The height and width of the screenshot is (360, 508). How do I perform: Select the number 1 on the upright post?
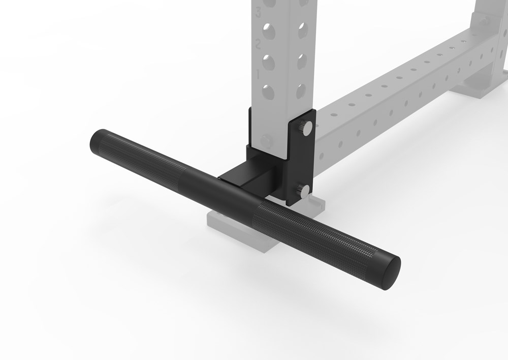pyautogui.click(x=258, y=74)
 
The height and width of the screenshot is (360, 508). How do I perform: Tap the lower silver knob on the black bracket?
pyautogui.click(x=303, y=191)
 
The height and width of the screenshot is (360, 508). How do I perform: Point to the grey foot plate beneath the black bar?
pyautogui.click(x=239, y=229)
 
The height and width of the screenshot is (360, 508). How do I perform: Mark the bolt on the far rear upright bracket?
pyautogui.click(x=484, y=21)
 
